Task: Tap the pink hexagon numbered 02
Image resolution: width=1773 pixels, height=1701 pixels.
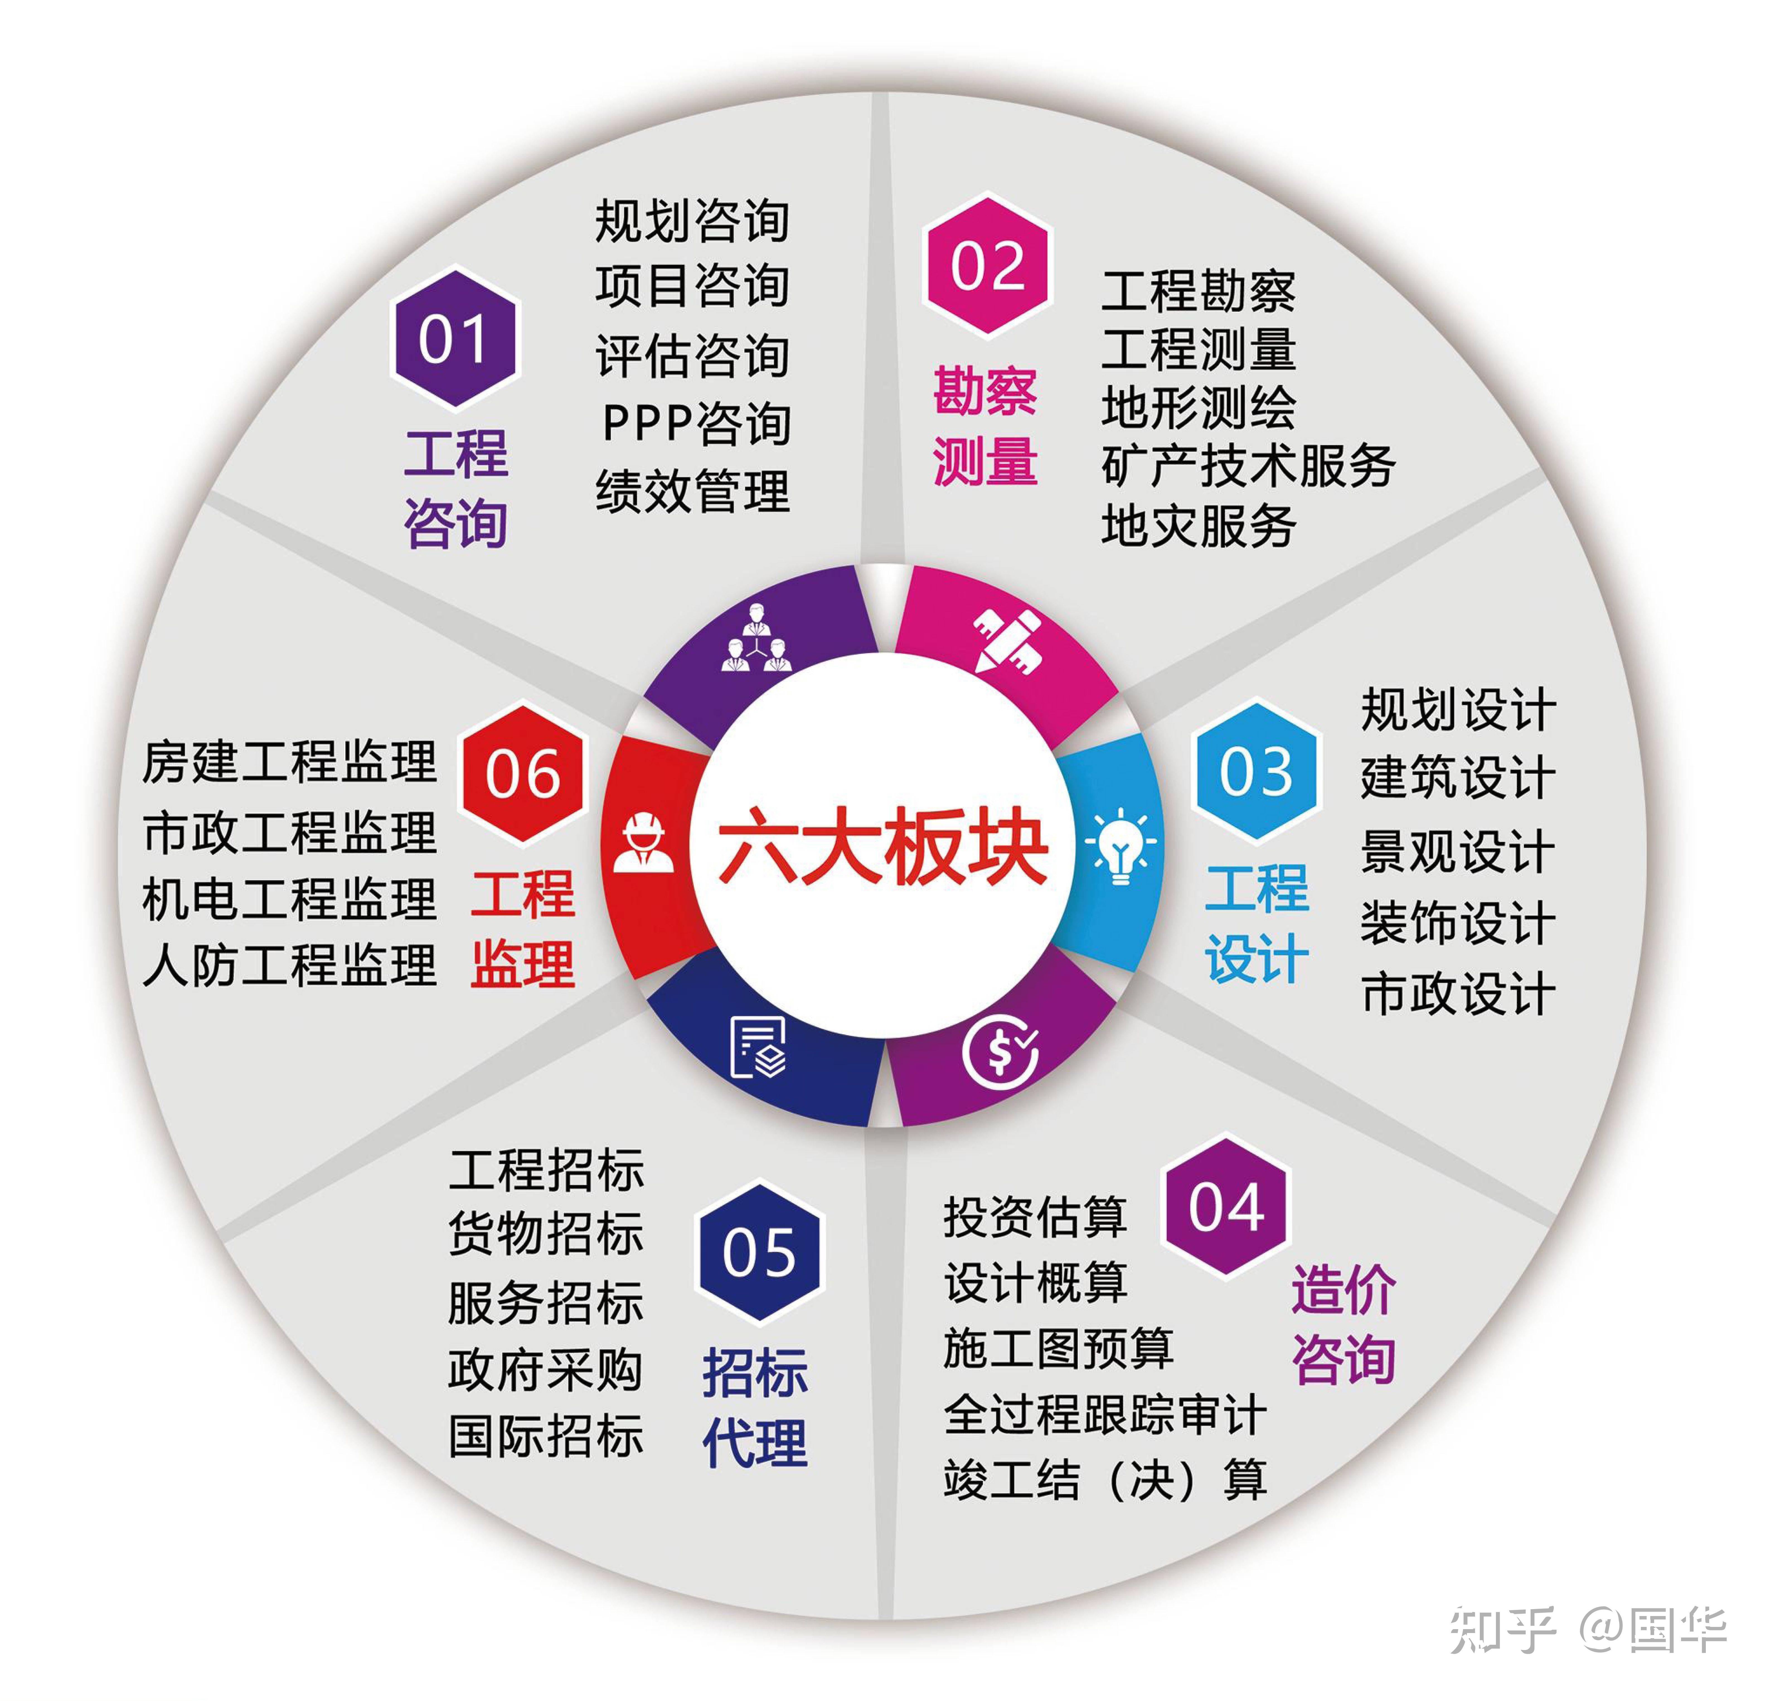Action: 988,265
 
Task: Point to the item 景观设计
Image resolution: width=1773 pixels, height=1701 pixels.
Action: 1458,851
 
